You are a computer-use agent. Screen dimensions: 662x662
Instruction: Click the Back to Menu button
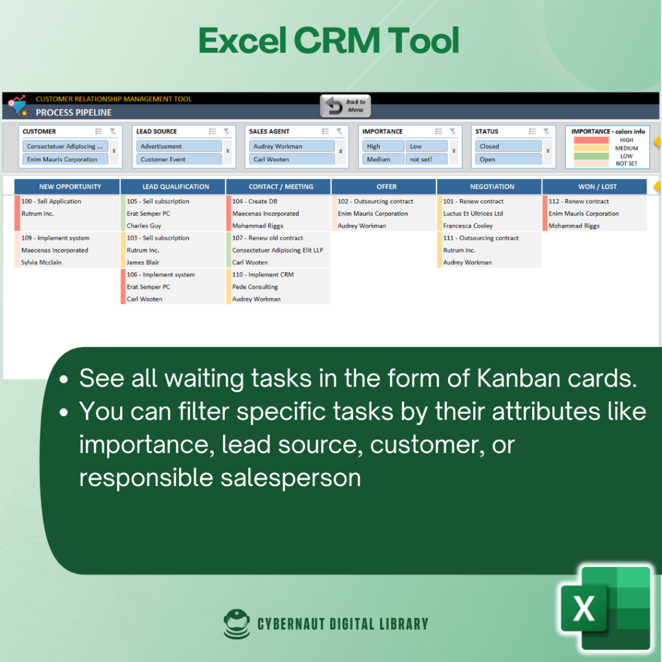coord(345,105)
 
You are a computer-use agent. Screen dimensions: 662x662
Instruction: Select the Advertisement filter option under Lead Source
coord(178,146)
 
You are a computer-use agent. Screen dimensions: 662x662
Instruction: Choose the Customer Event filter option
coord(178,159)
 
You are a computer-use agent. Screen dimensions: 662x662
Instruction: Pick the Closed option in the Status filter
coord(508,146)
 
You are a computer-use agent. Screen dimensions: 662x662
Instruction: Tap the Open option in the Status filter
coord(508,159)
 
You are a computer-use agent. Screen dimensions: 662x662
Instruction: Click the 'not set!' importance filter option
coord(426,159)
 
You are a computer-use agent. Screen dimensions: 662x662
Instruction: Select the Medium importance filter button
coord(383,159)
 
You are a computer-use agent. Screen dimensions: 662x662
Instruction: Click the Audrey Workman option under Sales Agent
coord(292,146)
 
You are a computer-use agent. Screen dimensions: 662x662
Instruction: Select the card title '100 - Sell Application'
coord(51,202)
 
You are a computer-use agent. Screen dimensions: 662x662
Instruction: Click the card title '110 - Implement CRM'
coord(262,274)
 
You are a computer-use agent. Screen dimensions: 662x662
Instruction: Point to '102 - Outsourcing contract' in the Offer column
coord(376,202)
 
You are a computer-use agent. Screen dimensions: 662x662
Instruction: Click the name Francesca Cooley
coord(468,226)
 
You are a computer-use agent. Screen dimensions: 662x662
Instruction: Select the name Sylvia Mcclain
coord(41,262)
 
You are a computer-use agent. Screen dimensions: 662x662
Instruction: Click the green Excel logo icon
coord(605,608)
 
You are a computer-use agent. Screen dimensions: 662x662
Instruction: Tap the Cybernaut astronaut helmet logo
coord(237,624)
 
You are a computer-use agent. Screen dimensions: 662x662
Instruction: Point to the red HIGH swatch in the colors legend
coord(591,140)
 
